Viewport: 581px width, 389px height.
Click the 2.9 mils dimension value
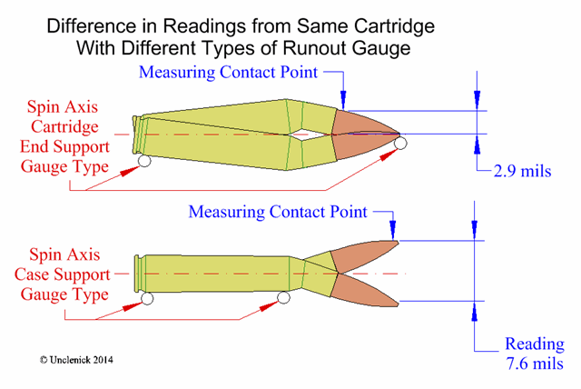pos(522,171)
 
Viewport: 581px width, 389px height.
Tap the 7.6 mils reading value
pos(535,364)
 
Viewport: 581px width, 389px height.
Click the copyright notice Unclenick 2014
pos(76,360)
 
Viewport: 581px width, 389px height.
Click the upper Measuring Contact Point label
pos(228,72)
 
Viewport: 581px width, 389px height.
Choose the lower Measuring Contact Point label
pos(278,212)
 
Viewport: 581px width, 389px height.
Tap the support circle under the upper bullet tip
pos(400,143)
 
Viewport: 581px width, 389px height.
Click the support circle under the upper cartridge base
pos(144,161)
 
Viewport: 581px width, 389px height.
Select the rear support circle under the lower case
pos(147,298)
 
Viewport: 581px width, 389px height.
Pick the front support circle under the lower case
pos(283,297)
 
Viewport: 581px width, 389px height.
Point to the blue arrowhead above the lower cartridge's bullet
pos(393,230)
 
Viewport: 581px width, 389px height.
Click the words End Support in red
pos(64,146)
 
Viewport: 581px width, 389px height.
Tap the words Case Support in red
pos(63,274)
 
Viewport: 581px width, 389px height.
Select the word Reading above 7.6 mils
pos(535,344)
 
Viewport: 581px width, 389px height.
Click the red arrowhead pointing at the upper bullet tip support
pos(389,154)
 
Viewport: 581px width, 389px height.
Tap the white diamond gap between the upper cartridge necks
pos(303,135)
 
